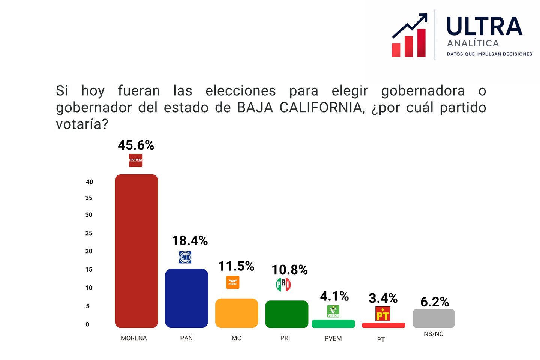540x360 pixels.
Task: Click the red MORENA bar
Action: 136,251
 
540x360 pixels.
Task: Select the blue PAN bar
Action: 186,298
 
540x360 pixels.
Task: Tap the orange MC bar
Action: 237,313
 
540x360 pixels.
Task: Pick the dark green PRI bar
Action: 287,314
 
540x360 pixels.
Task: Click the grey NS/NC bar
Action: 433,318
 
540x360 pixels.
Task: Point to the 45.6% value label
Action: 136,145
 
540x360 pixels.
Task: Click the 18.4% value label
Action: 190,240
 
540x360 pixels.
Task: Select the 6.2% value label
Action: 435,301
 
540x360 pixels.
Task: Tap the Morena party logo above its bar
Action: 135,160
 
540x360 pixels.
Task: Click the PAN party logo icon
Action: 185,257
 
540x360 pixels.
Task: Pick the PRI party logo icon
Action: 283,284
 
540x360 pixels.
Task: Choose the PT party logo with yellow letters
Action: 382,314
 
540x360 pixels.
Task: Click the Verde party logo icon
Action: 333,311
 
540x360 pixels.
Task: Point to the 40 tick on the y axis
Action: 89,182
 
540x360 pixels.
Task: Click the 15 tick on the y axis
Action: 89,269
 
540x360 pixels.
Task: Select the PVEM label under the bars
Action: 333,338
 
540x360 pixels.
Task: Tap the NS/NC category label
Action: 433,334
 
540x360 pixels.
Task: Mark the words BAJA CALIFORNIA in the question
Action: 300,108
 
